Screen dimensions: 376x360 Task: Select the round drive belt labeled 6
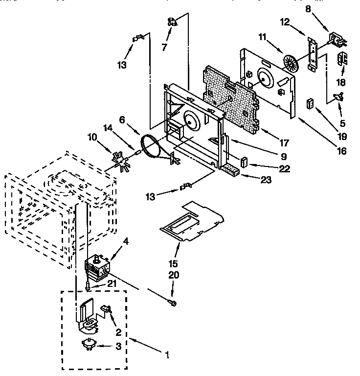coord(149,147)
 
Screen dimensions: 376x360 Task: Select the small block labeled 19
coord(309,104)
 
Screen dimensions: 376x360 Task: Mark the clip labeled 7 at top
coord(172,21)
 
